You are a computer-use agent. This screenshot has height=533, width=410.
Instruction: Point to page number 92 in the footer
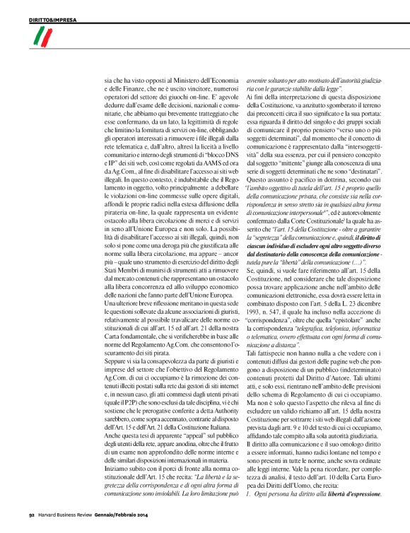(30, 525)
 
